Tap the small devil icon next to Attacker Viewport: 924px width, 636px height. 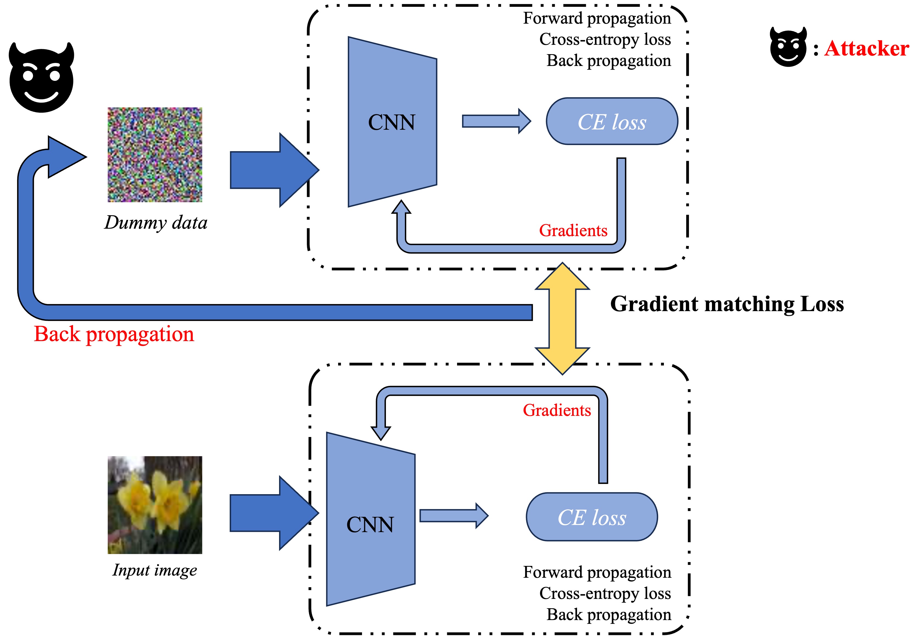[x=788, y=47]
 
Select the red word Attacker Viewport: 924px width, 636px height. [x=867, y=49]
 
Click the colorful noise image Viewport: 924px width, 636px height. [x=155, y=155]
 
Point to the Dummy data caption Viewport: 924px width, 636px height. [x=156, y=223]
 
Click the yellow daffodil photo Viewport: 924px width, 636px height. [x=155, y=505]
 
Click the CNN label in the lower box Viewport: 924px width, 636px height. [x=370, y=524]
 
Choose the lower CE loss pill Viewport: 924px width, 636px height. [x=592, y=517]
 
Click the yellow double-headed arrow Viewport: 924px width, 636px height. [x=562, y=318]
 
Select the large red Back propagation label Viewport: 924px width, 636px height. [x=114, y=334]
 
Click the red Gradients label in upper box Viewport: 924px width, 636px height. [x=573, y=230]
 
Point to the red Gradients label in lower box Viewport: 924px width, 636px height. [x=557, y=410]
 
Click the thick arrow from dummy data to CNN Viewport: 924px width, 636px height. [x=274, y=170]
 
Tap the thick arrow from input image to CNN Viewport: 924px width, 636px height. [x=274, y=513]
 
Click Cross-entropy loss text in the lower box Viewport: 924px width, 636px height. [x=605, y=593]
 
